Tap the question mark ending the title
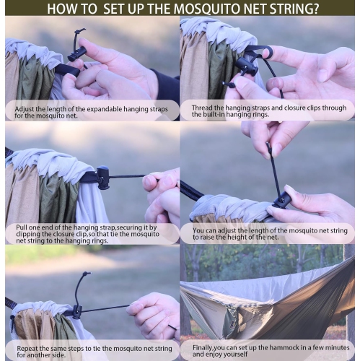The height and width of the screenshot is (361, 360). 318,9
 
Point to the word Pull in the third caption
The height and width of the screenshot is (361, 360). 22,227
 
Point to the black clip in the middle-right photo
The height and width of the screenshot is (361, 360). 281,199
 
